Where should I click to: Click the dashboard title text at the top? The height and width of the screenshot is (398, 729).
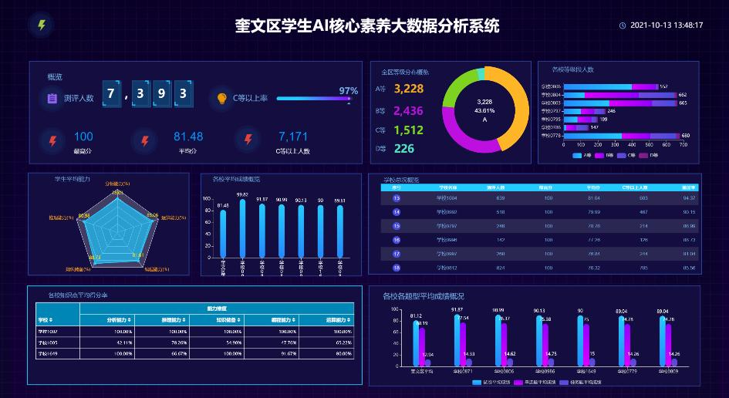367,26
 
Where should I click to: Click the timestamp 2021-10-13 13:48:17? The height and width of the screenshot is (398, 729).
667,25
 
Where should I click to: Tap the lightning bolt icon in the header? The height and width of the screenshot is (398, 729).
42,25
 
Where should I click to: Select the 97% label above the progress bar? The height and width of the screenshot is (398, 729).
348,90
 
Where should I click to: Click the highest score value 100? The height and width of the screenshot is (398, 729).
83,137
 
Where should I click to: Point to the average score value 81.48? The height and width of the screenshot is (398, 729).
188,137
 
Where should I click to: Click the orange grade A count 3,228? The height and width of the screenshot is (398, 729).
408,89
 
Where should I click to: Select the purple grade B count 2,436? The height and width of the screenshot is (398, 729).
408,110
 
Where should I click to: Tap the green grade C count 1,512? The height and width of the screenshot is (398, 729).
408,130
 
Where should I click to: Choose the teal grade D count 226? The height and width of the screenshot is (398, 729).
404,149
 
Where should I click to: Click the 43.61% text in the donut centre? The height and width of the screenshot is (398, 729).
484,110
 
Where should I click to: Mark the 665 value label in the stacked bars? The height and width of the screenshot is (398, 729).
683,103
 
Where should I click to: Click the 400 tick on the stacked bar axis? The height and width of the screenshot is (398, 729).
624,144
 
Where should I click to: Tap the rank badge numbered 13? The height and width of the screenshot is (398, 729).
397,198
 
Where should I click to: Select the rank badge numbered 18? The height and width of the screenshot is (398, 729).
397,268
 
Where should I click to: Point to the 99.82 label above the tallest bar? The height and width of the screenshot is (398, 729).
242,194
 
